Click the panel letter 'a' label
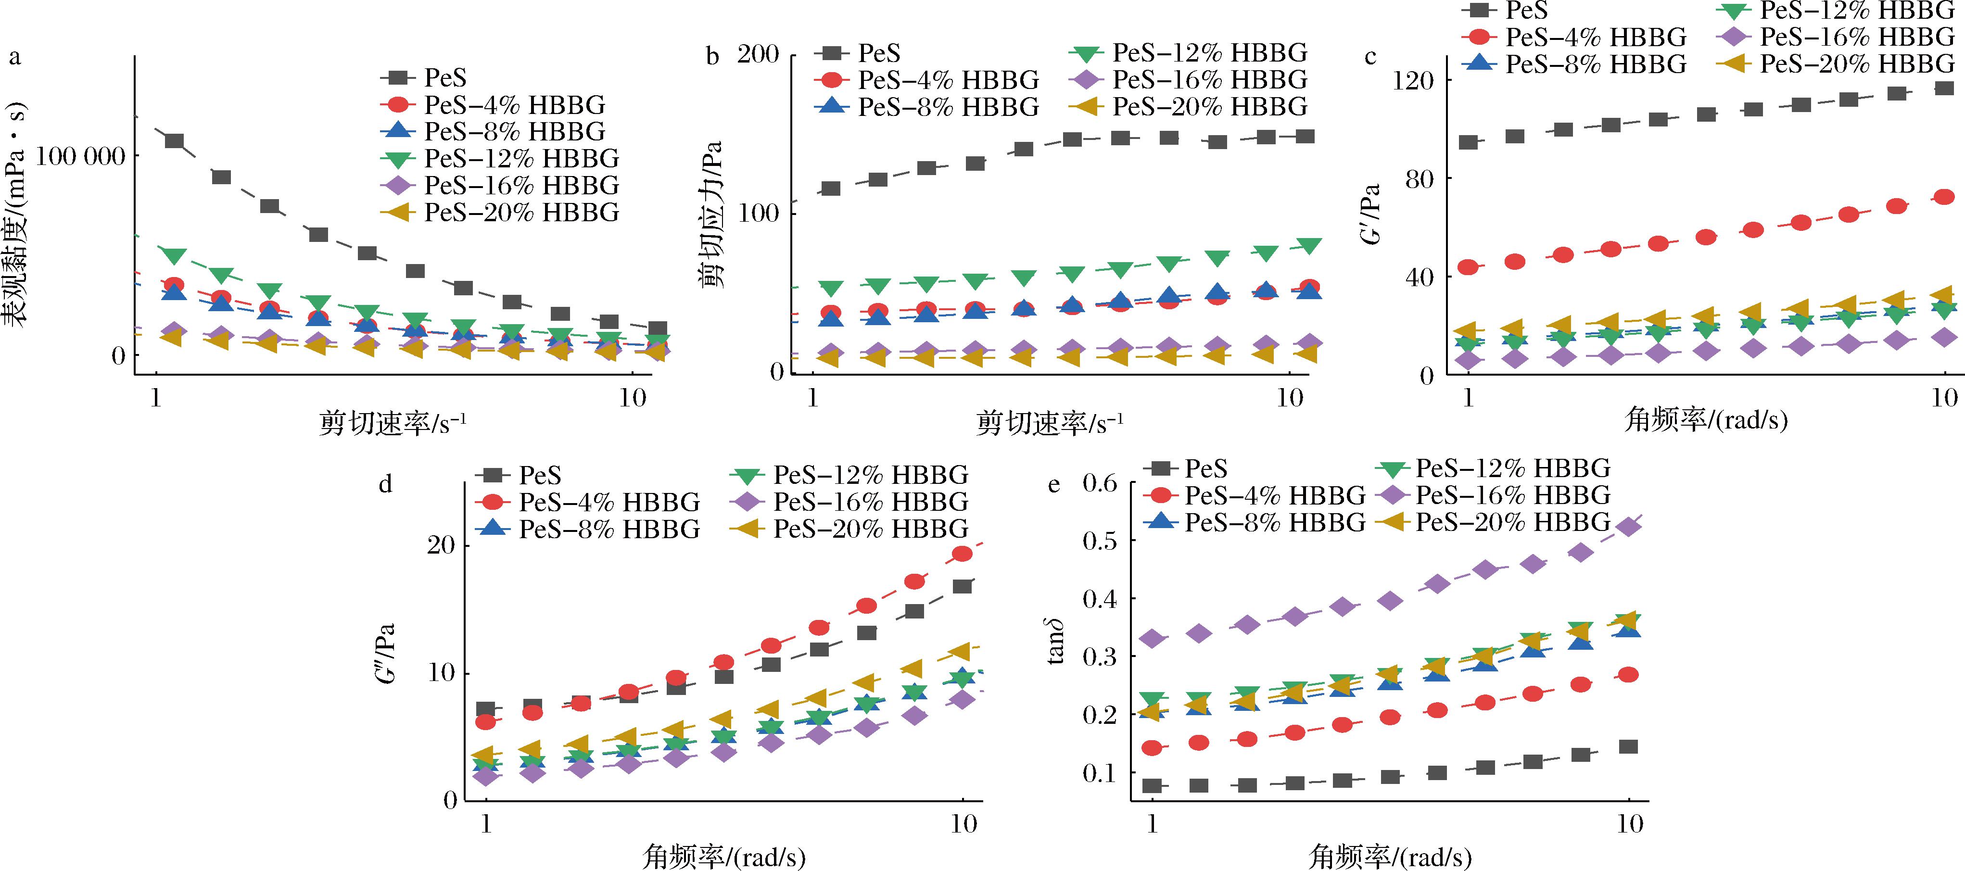click(x=14, y=57)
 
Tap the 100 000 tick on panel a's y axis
click(x=80, y=156)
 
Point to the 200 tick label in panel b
click(x=758, y=55)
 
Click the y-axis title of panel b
click(x=711, y=214)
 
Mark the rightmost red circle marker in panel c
click(x=1944, y=197)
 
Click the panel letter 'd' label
click(x=386, y=484)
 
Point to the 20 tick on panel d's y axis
click(x=441, y=545)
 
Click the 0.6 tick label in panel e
click(x=1099, y=483)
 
